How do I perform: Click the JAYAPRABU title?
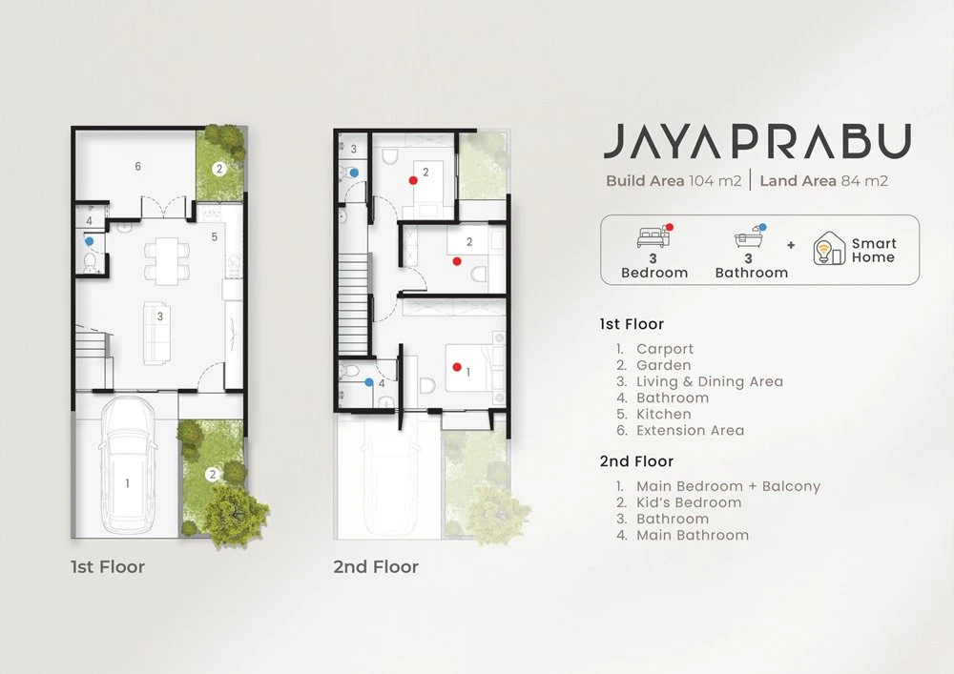pyautogui.click(x=757, y=141)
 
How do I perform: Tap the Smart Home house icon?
pyautogui.click(x=829, y=249)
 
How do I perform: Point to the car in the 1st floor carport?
pyautogui.click(x=127, y=465)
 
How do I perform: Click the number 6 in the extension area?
pyautogui.click(x=138, y=167)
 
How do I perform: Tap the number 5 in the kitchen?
pyautogui.click(x=214, y=237)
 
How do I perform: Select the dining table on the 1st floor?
pyautogui.click(x=166, y=261)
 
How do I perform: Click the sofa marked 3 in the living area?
pyautogui.click(x=156, y=333)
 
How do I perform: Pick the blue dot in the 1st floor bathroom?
pyautogui.click(x=90, y=241)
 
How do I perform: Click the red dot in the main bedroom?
pyautogui.click(x=457, y=367)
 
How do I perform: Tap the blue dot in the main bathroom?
pyautogui.click(x=368, y=382)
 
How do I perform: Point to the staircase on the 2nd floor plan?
pyautogui.click(x=354, y=304)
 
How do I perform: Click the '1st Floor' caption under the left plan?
pyautogui.click(x=108, y=567)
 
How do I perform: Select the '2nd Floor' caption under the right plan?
pyautogui.click(x=376, y=567)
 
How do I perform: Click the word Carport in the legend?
pyautogui.click(x=665, y=349)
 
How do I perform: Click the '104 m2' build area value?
pyautogui.click(x=715, y=180)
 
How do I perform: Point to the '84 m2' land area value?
pyautogui.click(x=864, y=180)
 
